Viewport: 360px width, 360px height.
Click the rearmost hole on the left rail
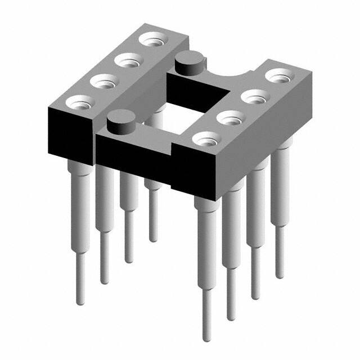tap(152, 40)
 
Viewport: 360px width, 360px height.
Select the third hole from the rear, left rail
tap(103, 82)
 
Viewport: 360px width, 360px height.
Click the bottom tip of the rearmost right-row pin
tap(280, 275)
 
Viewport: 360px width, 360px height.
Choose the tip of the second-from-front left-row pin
tap(104, 281)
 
